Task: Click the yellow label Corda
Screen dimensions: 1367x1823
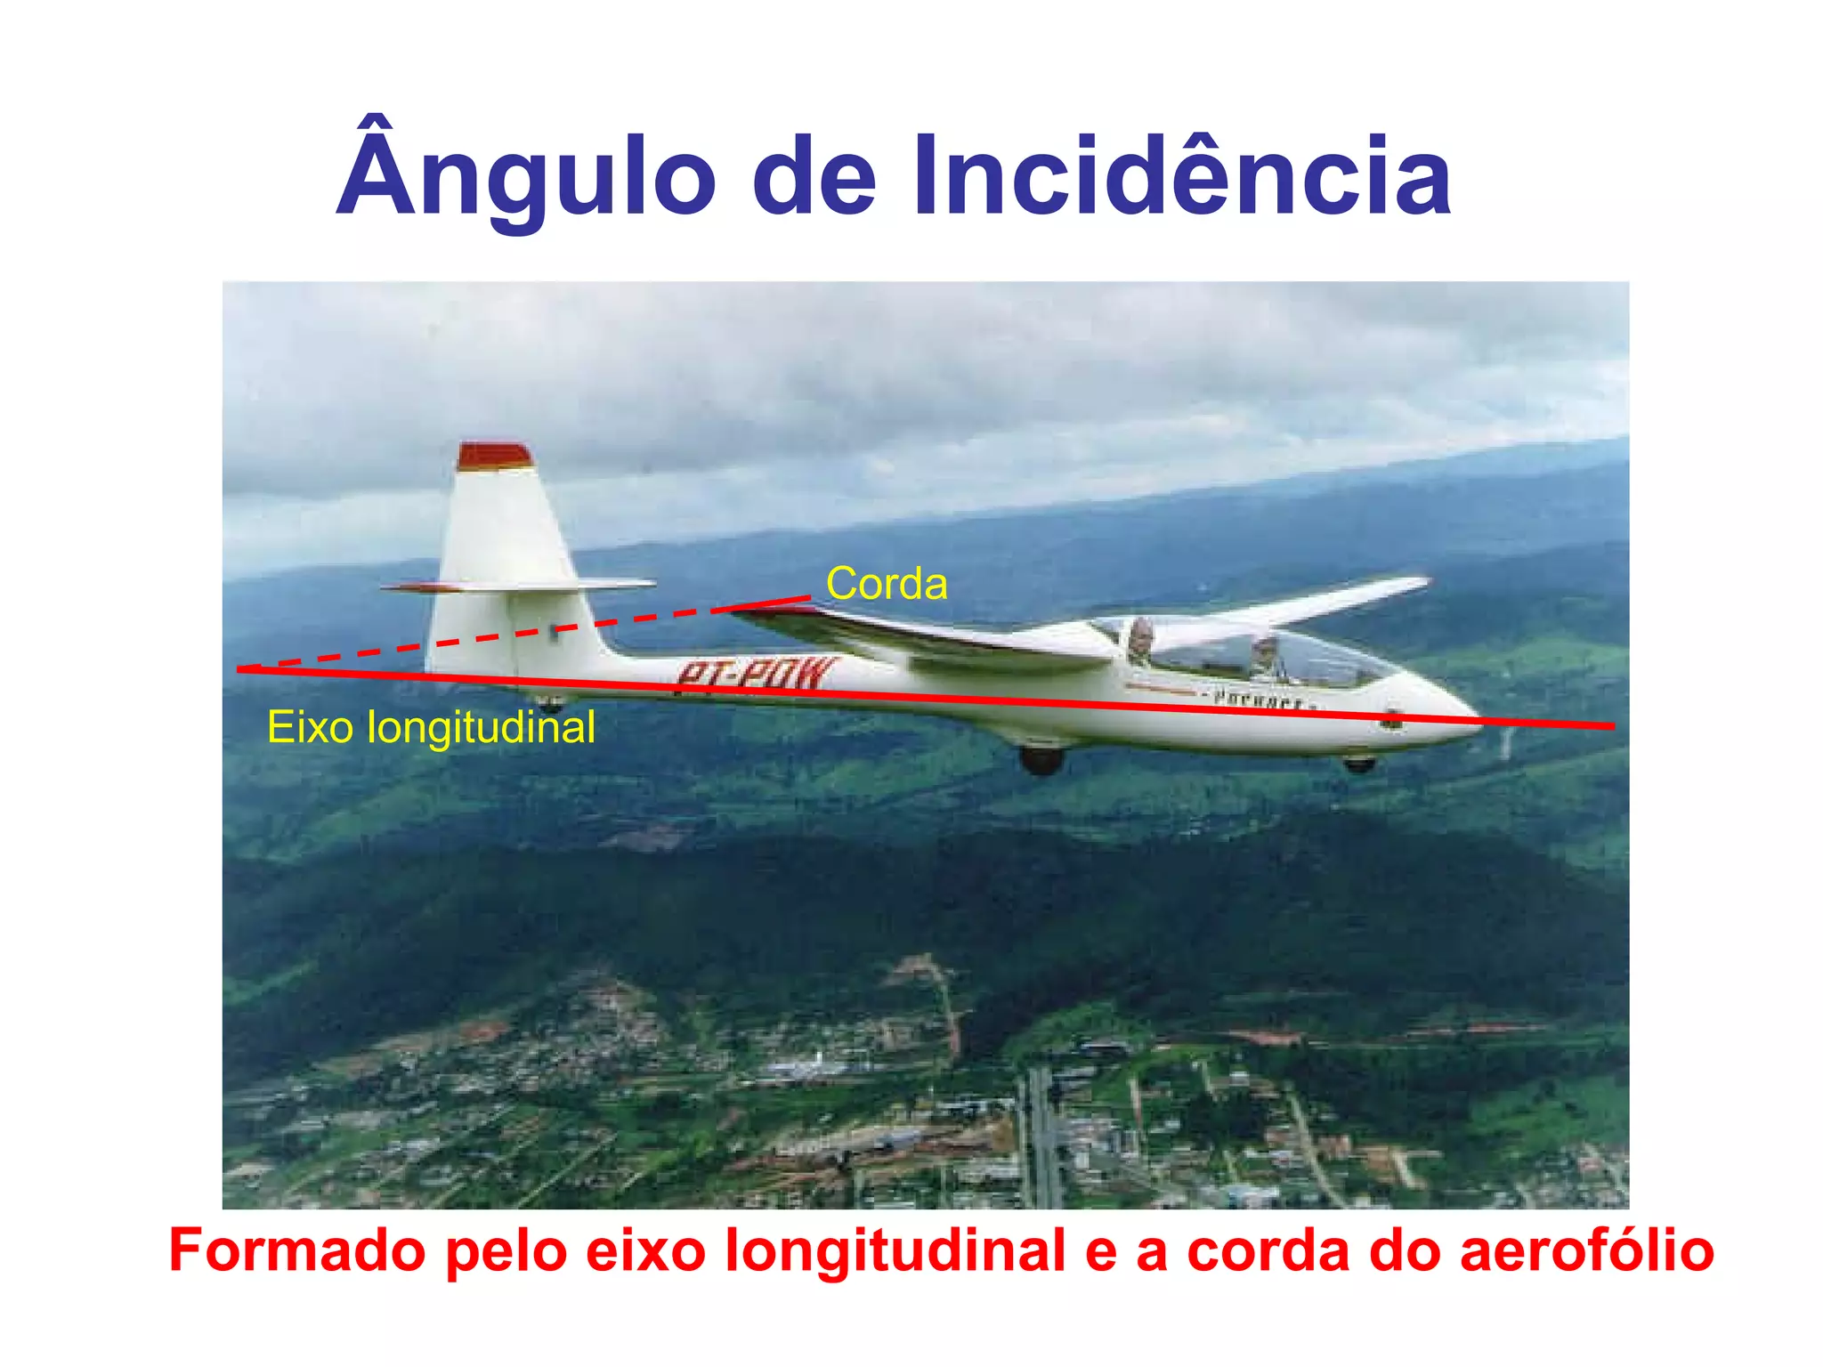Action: pyautogui.click(x=887, y=585)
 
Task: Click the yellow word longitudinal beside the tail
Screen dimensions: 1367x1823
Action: pyautogui.click(x=482, y=727)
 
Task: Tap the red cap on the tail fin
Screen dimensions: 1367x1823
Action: pyautogui.click(x=494, y=456)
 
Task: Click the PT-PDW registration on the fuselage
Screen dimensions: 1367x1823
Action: pyautogui.click(x=756, y=675)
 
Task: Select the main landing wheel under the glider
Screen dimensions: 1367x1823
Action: pyautogui.click(x=1041, y=759)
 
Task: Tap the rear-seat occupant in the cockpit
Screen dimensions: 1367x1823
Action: pyautogui.click(x=1140, y=639)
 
